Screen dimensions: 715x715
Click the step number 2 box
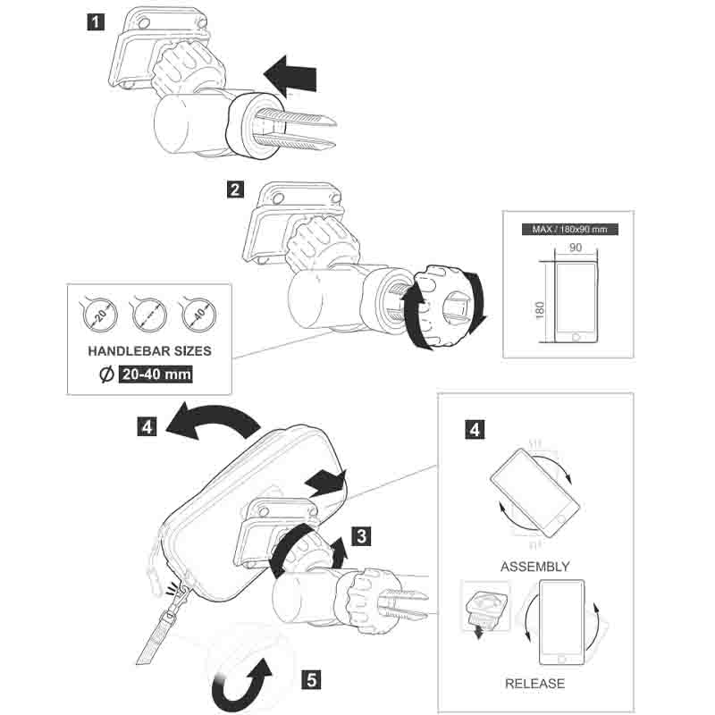coord(235,189)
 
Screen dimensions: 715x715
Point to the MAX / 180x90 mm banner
coord(568,229)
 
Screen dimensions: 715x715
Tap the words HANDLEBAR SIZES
coord(149,351)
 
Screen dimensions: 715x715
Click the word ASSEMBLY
coord(535,566)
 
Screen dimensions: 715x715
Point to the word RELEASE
coord(535,684)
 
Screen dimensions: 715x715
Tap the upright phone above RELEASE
coord(560,624)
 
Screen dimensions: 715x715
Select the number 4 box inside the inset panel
coord(476,429)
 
